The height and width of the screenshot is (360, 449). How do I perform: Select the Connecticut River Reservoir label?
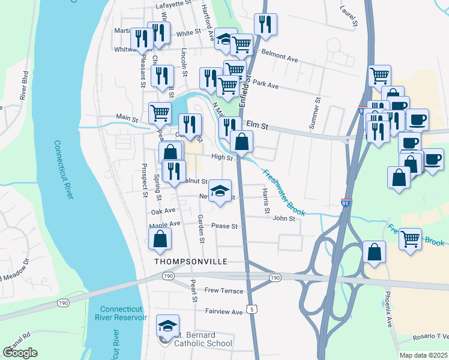[x=121, y=313]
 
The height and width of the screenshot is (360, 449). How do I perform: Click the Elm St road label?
[x=256, y=127]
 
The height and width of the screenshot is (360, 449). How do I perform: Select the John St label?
[x=284, y=219]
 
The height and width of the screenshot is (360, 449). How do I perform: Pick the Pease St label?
[x=225, y=226]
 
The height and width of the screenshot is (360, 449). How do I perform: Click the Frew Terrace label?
[x=224, y=291]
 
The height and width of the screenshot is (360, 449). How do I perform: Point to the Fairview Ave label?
[x=223, y=312]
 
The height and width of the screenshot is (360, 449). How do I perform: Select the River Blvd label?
[x=25, y=85]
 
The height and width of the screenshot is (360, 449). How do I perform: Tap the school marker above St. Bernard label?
[x=167, y=326]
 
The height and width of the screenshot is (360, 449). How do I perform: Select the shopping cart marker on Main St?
[x=160, y=112]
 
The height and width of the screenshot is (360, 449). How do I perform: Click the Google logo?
[x=20, y=352]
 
